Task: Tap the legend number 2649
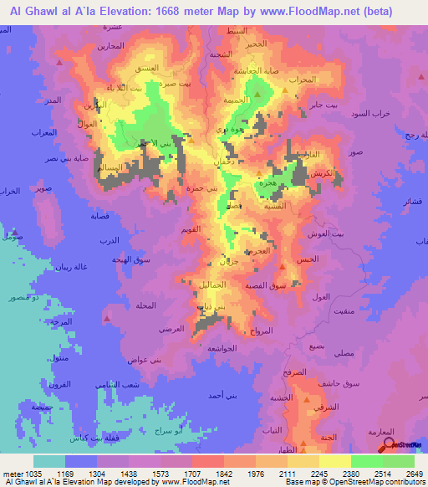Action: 414,473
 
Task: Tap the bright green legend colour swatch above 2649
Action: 399,461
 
